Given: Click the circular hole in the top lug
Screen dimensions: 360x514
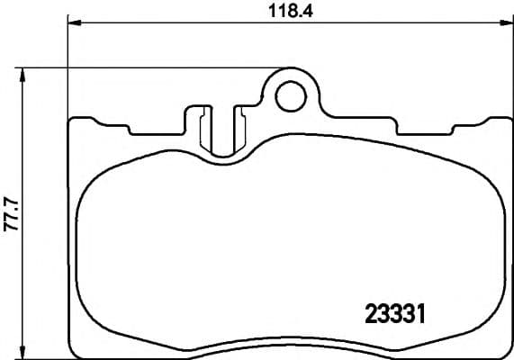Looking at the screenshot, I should click(x=291, y=94).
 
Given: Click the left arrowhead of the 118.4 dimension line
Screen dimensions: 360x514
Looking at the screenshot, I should click(x=73, y=24).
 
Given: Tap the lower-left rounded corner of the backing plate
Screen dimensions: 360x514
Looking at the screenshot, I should click(x=74, y=350).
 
